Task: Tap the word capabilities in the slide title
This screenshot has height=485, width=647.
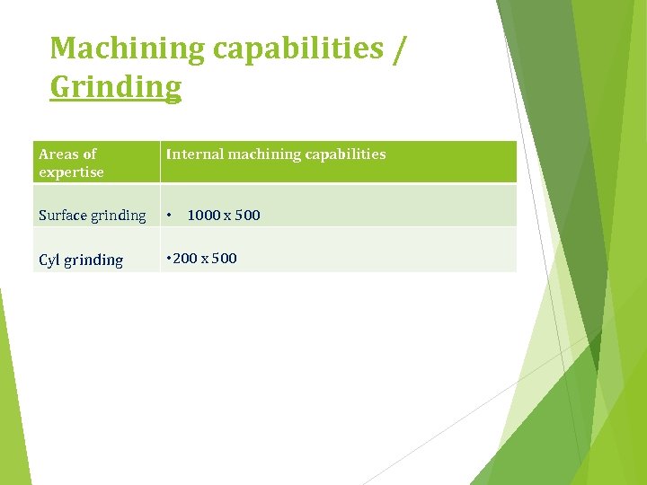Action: pos(298,49)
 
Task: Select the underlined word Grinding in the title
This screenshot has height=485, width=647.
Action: pos(115,88)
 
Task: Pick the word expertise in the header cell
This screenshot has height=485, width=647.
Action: pos(71,172)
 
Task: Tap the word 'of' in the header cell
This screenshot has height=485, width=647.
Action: pos(89,154)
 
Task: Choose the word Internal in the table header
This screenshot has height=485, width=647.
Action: pos(194,154)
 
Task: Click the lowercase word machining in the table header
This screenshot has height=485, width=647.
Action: pos(264,154)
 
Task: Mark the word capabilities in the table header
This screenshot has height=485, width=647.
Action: pos(346,154)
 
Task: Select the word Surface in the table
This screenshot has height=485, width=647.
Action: pos(63,216)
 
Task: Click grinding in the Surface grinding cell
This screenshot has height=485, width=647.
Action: pos(119,216)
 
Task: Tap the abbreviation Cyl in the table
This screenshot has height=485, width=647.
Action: pos(50,260)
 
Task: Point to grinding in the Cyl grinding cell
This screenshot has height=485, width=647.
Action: pos(94,261)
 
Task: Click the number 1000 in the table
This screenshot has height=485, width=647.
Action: pos(205,216)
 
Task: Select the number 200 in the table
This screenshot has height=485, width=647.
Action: pos(184,259)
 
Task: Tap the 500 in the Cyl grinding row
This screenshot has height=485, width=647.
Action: pos(225,259)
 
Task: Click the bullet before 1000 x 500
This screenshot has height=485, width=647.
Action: pos(169,216)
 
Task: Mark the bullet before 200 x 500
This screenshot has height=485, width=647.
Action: pos(167,259)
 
